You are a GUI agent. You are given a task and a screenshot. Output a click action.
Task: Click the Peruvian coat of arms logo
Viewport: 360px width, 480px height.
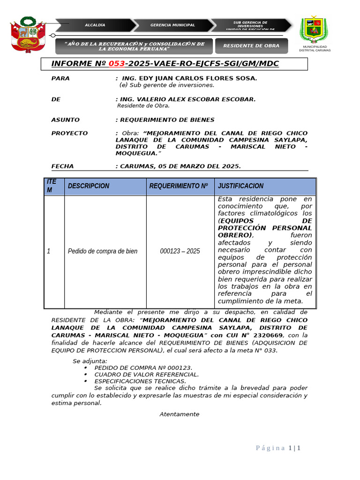pos(28,35)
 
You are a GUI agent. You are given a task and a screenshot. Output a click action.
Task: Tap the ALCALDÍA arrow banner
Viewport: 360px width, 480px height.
pos(95,25)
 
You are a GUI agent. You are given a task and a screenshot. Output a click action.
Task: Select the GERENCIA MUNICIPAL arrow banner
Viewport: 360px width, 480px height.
pos(172,25)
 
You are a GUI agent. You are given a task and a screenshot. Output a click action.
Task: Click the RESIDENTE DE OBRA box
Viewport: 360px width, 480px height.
pos(251,46)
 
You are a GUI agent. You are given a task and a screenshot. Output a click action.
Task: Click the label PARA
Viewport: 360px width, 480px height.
pos(60,78)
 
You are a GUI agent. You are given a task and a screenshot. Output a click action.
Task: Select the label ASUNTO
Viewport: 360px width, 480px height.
pos(65,120)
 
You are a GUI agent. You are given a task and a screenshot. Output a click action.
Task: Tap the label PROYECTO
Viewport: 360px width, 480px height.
pos(69,134)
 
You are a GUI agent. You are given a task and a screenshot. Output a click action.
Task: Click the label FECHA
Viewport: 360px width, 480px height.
pos(62,166)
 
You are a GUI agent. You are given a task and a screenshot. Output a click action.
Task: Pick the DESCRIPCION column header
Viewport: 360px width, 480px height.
pos(89,186)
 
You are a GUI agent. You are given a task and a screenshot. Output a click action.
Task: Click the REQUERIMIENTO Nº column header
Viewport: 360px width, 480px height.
pos(178,186)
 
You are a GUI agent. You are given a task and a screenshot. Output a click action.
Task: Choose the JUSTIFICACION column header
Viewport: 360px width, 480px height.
pos(240,186)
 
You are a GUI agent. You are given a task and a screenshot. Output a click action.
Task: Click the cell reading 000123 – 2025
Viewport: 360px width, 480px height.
pos(180,251)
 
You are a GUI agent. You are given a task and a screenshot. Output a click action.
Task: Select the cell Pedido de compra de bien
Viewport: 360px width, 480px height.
pos(103,251)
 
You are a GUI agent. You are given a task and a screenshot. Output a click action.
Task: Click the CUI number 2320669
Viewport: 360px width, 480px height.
pos(269,336)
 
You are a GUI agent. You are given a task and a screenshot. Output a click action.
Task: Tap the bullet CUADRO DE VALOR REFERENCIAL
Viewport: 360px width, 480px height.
pos(146,375)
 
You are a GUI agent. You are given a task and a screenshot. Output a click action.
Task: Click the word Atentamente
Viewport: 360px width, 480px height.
pos(179,414)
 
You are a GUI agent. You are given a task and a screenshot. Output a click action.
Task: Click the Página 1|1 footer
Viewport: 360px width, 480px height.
pos(278,448)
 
